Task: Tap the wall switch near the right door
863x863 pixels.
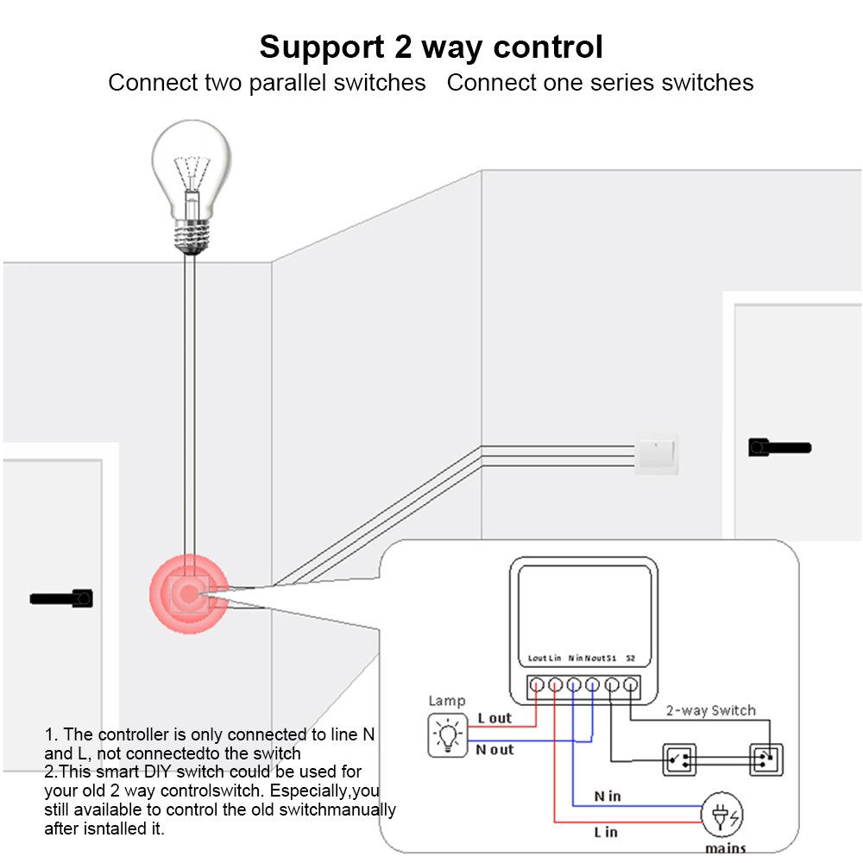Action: (657, 453)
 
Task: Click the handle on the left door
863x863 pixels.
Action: (61, 597)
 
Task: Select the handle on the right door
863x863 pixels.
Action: (778, 447)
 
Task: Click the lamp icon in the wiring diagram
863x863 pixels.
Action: (448, 735)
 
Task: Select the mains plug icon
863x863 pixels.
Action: (723, 814)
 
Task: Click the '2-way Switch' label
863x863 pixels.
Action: (710, 710)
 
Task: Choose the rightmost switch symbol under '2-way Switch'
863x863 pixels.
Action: (765, 759)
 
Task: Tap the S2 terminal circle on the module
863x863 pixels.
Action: (631, 686)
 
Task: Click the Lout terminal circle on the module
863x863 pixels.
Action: (536, 686)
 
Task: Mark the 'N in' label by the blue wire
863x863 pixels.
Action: (608, 796)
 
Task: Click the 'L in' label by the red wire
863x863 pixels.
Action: (606, 832)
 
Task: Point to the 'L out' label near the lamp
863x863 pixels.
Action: (494, 718)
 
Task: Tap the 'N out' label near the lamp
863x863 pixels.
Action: (494, 749)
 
